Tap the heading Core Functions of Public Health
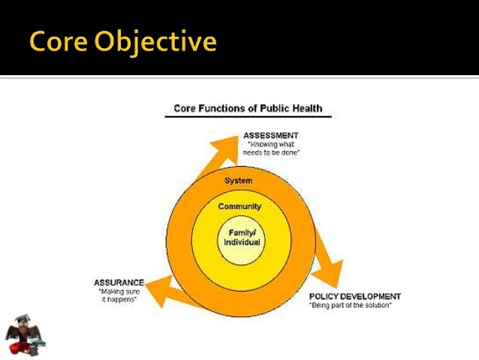(248, 108)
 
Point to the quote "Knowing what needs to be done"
(271, 147)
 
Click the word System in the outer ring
(239, 180)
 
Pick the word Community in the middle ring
(239, 206)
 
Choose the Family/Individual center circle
(239, 238)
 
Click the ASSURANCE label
(119, 283)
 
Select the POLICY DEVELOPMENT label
(355, 296)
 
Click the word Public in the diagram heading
(270, 108)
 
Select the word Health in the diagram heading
(306, 108)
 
